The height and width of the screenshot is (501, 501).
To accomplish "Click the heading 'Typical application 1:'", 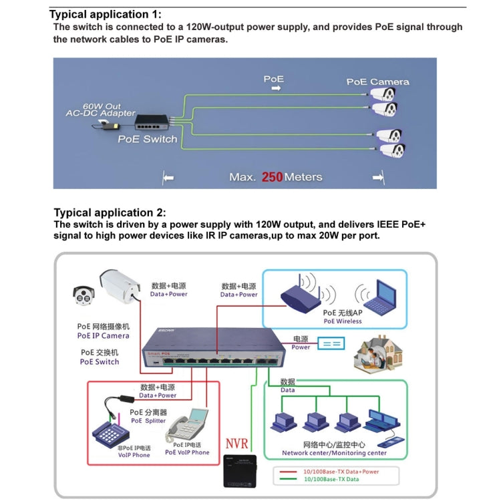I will click(106, 14).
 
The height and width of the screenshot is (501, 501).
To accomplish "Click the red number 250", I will click(272, 177).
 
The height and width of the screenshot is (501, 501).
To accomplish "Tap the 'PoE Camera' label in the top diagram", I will click(377, 81).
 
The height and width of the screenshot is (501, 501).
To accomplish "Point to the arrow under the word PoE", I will click(274, 88).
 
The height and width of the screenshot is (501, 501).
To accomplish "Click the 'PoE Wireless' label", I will click(342, 321).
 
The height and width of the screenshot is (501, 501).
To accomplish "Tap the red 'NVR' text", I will click(236, 444).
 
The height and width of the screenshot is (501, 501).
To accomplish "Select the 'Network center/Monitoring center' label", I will click(333, 452).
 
